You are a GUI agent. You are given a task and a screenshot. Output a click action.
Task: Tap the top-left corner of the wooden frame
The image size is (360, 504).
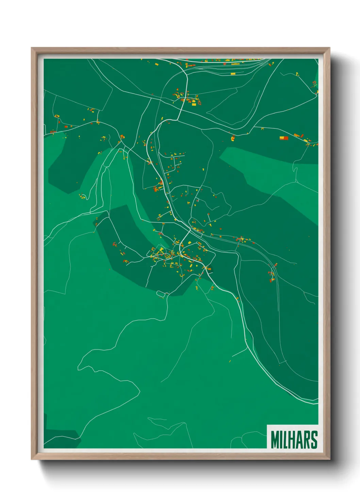pyautogui.click(x=32, y=48)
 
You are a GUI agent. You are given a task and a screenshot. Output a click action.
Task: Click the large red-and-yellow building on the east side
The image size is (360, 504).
pyautogui.click(x=284, y=138)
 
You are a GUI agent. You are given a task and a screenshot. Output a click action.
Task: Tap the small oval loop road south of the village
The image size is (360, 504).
pyautogui.click(x=161, y=293)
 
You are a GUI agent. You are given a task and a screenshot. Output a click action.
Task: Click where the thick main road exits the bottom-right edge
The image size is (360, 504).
pyautogui.click(x=317, y=403)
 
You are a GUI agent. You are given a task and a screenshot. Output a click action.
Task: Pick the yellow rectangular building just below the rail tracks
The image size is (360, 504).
pyautogui.click(x=233, y=74)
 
